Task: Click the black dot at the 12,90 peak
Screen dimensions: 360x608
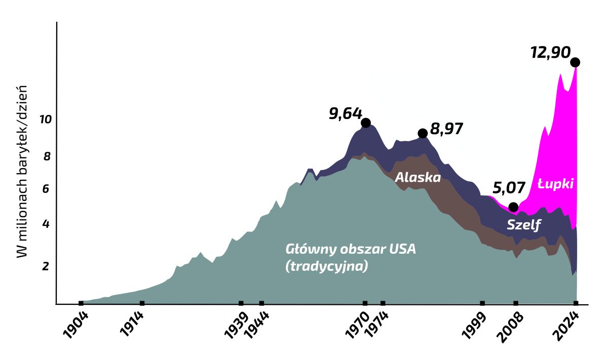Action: coord(575,62)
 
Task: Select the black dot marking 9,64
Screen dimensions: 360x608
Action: coord(366,123)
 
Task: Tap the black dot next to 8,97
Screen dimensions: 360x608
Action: coord(423,133)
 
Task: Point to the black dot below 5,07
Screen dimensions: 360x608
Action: coord(513,207)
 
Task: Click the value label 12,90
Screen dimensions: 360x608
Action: coord(550,52)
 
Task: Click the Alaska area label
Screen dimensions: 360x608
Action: coord(417,177)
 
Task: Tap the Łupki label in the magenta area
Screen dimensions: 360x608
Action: coord(556,184)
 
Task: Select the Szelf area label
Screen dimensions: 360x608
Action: coord(524,225)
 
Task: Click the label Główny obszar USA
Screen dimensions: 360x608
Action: coord(351,250)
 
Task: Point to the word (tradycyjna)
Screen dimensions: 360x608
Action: coord(326,266)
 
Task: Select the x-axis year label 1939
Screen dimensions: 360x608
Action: coord(236,325)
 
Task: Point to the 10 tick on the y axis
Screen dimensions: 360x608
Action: coord(46,120)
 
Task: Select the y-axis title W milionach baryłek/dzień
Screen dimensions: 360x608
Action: coord(22,171)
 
